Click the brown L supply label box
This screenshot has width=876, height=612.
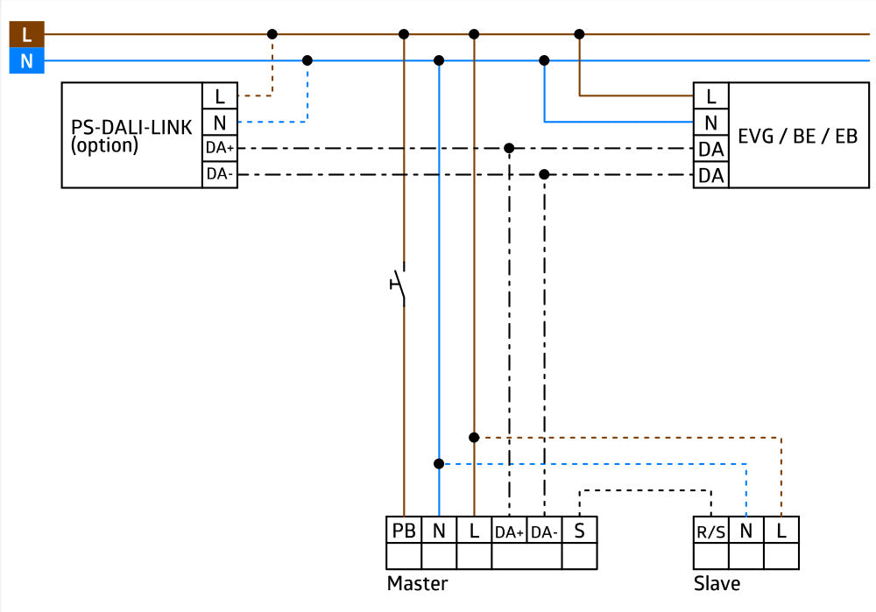[x=26, y=34]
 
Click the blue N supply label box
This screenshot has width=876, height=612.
[x=26, y=61]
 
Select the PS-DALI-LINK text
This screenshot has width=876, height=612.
[x=131, y=128]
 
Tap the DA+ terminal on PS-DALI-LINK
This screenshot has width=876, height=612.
[x=220, y=149]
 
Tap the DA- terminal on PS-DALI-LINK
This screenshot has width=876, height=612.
[x=220, y=175]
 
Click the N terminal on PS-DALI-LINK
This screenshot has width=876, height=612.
[x=220, y=123]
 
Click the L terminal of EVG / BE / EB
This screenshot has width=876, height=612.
[x=710, y=95]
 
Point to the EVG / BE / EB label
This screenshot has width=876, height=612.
[x=797, y=136]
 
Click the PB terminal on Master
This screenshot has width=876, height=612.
[x=404, y=531]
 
